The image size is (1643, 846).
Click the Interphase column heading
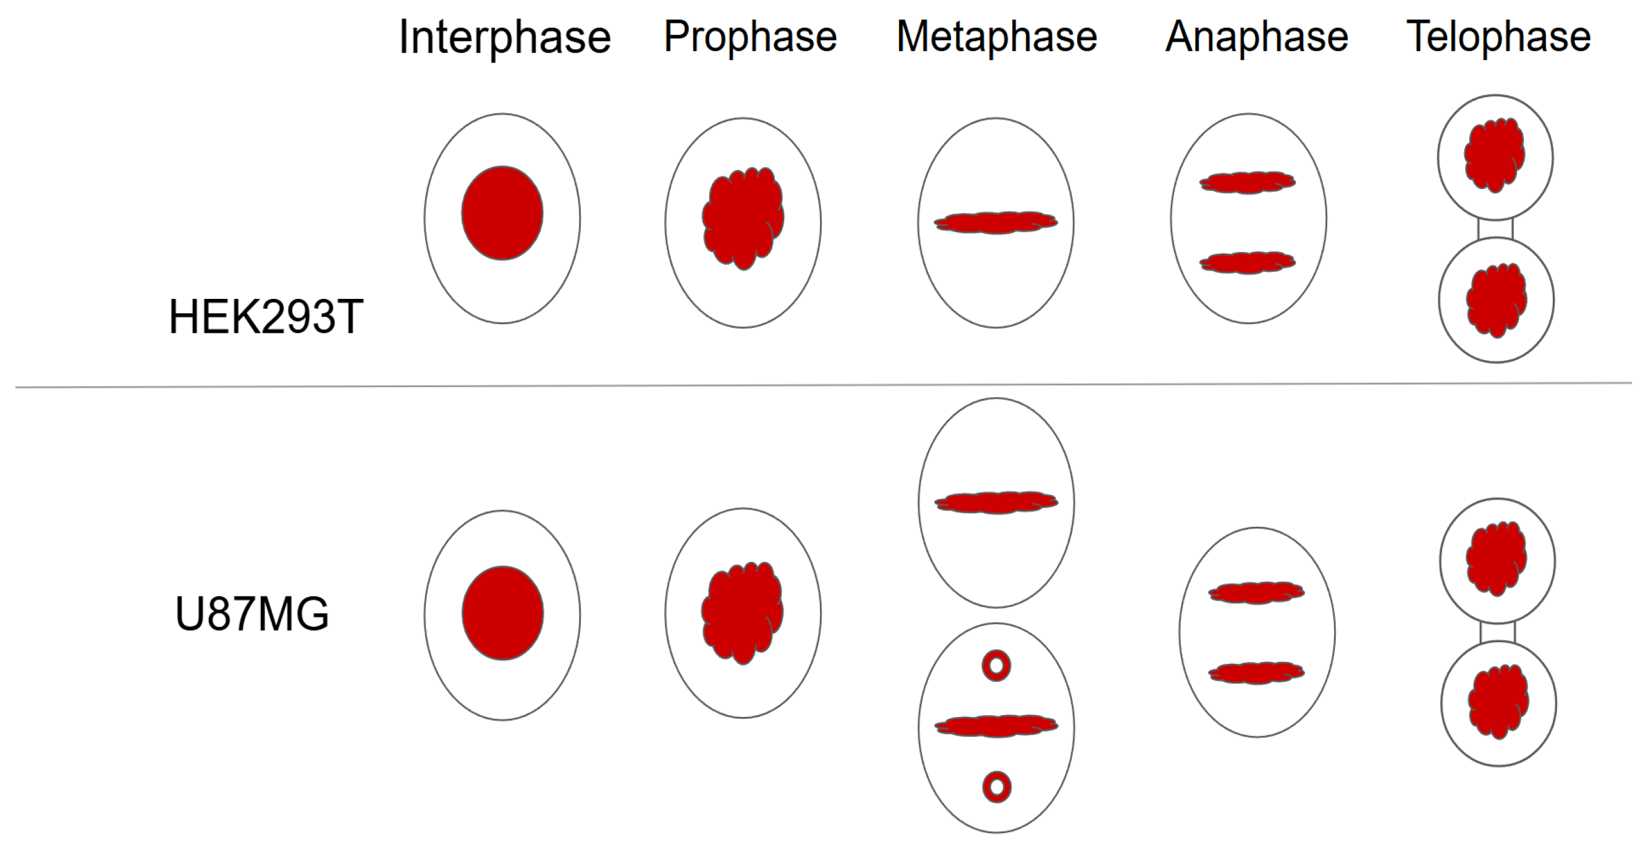(x=504, y=38)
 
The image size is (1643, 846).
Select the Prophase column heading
(x=750, y=37)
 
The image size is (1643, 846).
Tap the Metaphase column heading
(x=996, y=37)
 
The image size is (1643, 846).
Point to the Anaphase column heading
(x=1256, y=37)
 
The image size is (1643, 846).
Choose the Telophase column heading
(x=1498, y=37)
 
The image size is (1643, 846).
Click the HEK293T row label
(x=265, y=317)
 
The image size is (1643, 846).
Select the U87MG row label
(x=252, y=614)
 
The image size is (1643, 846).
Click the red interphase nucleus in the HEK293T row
(x=502, y=213)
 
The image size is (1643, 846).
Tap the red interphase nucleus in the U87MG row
(x=502, y=613)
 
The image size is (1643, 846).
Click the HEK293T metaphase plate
(x=995, y=222)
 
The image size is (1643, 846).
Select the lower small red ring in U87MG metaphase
(x=997, y=787)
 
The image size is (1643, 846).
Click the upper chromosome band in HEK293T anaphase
(x=1248, y=182)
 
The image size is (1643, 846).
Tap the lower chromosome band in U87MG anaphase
(x=1256, y=672)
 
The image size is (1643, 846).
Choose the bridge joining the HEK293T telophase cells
(x=1495, y=228)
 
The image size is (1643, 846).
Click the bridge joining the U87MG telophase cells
(x=1498, y=632)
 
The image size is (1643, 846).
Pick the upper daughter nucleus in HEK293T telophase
(x=1494, y=155)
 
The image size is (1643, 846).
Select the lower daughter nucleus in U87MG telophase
(x=1498, y=702)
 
